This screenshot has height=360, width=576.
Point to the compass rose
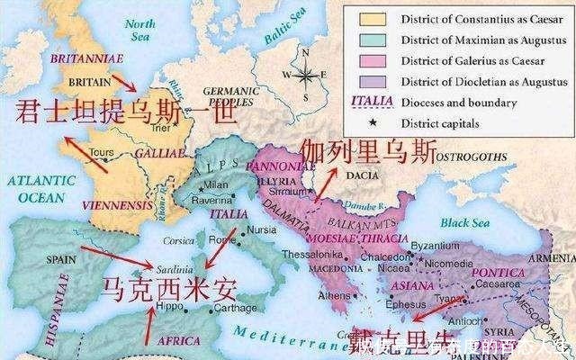pos(307,75)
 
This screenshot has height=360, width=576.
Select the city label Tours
pos(101,153)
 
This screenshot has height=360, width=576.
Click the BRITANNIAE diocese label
pos(81,57)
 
